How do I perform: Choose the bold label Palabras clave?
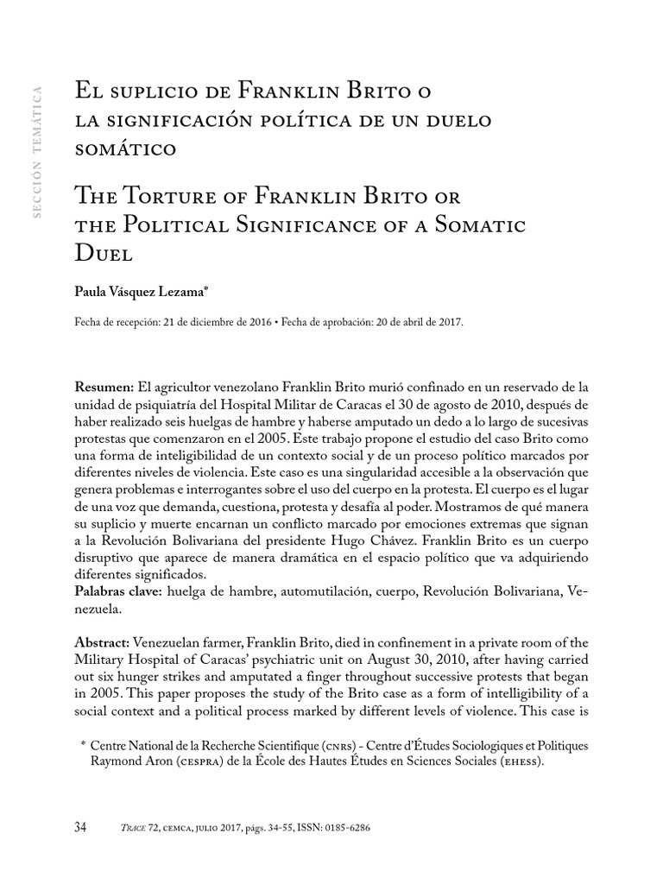click(117, 590)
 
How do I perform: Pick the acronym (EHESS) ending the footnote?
click(517, 761)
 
